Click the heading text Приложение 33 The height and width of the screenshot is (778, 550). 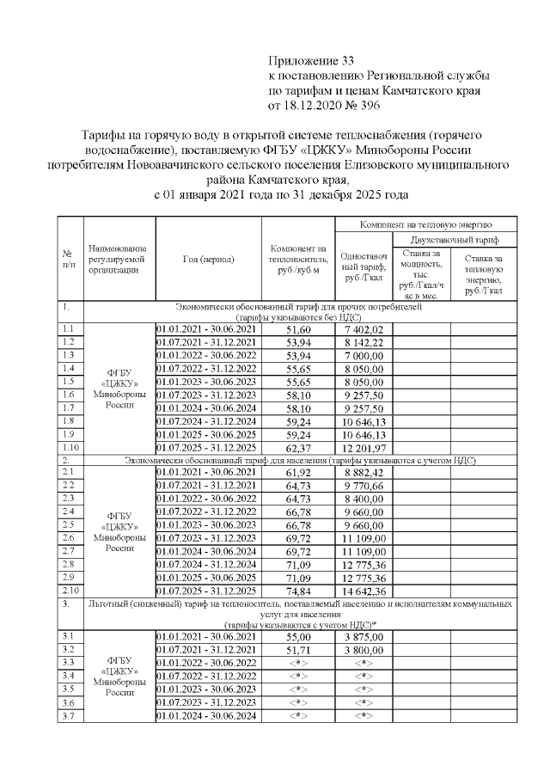311,60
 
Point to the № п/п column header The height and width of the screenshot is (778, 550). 67,259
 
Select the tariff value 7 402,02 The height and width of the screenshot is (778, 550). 363,329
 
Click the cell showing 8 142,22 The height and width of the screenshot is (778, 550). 363,342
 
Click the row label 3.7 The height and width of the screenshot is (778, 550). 69,716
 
